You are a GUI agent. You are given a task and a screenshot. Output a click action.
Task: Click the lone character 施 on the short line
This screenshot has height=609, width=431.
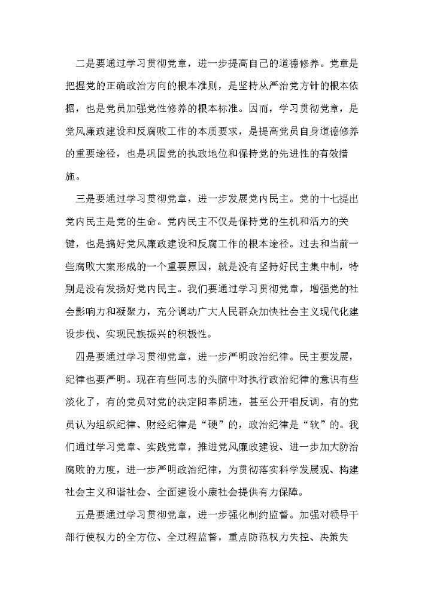pos(72,177)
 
